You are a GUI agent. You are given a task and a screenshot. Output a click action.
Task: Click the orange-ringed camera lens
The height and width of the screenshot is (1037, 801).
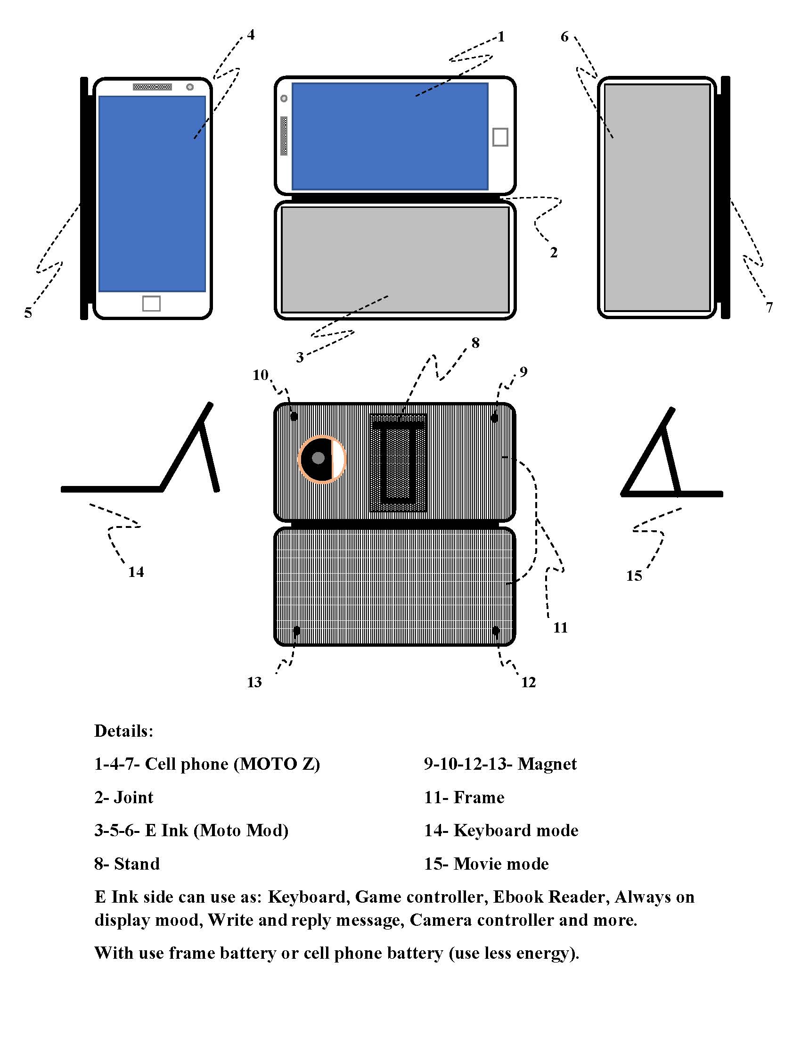point(322,459)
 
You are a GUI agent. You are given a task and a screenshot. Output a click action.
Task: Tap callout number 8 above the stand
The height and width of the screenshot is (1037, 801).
point(475,343)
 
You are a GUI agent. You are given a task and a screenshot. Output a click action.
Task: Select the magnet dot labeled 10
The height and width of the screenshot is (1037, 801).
point(294,416)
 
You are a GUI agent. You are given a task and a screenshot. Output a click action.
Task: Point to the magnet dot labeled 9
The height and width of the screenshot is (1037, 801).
point(494,418)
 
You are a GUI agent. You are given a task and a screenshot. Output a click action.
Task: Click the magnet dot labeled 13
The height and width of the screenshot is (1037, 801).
point(296,631)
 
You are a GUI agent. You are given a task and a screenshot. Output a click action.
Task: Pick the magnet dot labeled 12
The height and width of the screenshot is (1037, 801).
point(496,631)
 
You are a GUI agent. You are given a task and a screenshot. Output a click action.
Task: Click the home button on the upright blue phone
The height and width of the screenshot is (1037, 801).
point(151,304)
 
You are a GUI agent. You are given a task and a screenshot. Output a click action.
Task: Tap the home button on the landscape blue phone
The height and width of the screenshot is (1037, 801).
point(500,137)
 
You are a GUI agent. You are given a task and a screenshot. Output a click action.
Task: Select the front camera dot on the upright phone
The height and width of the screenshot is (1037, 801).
point(190,87)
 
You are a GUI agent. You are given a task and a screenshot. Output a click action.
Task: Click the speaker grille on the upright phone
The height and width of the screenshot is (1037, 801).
point(152,86)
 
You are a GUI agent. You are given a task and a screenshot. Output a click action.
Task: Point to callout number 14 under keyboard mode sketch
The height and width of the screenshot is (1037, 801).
point(136,572)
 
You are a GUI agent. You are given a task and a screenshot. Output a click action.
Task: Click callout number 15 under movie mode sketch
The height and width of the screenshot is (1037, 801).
point(634,576)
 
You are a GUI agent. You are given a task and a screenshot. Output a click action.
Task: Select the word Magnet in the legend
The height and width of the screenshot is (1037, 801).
point(547,764)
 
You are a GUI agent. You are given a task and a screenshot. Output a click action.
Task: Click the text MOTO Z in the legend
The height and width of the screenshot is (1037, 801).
point(276,764)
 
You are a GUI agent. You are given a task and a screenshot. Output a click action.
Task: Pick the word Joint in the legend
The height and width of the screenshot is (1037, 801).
point(133,797)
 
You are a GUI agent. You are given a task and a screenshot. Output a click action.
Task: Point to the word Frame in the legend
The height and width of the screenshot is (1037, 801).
point(479,797)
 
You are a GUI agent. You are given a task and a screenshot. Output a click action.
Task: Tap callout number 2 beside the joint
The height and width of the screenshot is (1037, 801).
point(553,253)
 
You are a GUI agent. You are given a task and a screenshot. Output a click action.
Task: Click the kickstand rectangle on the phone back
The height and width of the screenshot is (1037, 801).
point(398,462)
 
